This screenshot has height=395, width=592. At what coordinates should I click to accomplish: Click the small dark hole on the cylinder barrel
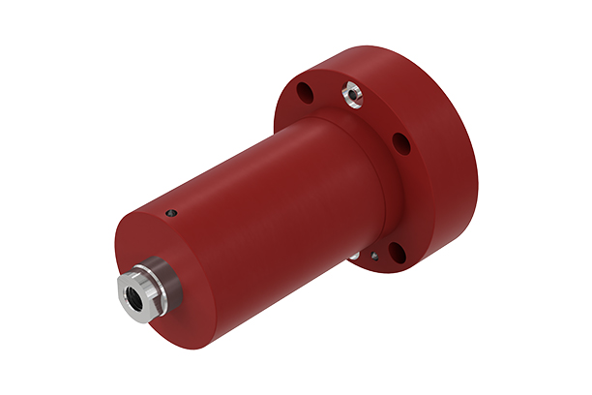click(171, 214)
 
